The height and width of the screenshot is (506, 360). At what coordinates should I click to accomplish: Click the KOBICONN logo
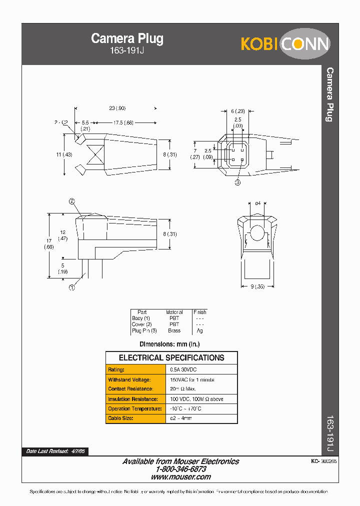285,44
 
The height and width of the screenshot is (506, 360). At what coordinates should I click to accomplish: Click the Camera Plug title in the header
127,39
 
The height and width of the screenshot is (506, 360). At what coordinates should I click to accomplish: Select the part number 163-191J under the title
127,51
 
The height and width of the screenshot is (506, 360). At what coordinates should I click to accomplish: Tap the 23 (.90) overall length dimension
117,108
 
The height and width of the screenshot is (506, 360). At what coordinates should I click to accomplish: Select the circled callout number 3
237,182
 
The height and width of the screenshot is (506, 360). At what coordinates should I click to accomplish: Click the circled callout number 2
71,201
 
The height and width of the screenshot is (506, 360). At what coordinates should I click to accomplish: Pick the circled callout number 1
71,287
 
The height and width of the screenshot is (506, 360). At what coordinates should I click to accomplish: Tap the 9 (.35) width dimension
257,286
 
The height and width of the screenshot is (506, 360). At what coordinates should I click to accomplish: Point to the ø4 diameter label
258,203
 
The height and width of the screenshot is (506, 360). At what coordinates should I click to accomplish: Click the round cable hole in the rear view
258,234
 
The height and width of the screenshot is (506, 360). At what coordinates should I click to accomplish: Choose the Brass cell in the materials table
174,330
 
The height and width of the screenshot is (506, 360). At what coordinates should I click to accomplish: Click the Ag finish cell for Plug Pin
199,330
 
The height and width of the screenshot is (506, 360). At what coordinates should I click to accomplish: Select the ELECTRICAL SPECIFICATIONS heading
171,358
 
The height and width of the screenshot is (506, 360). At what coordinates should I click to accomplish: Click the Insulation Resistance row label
132,399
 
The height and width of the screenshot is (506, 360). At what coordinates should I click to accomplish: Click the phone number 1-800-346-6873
180,469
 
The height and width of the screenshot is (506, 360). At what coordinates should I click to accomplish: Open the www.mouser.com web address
180,477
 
